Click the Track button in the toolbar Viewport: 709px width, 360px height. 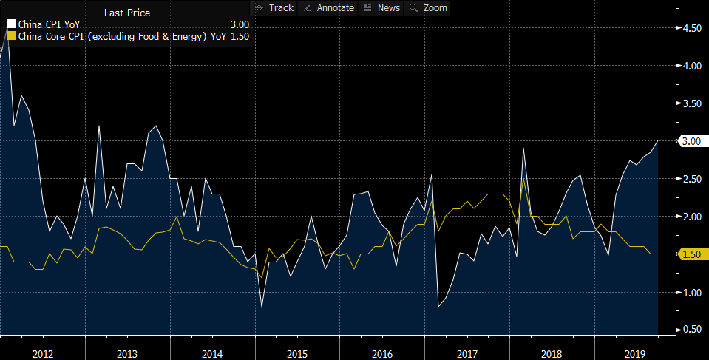click(274, 7)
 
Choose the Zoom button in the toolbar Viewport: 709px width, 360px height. click(429, 7)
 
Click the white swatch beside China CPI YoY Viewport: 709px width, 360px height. click(10, 24)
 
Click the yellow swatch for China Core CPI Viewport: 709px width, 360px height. click(10, 35)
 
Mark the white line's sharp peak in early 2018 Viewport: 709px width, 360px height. click(523, 149)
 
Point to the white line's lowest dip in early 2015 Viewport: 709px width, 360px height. click(262, 305)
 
